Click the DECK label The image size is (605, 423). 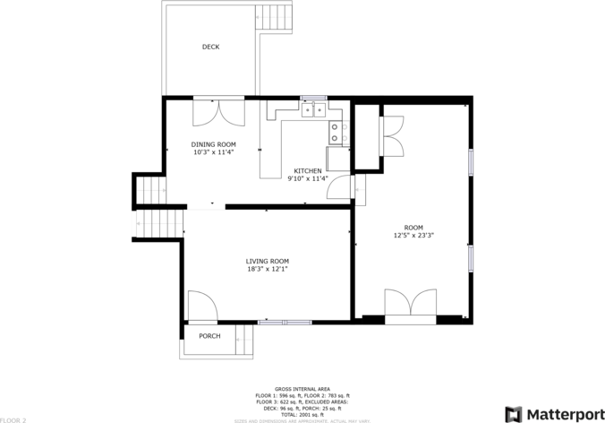[210, 47]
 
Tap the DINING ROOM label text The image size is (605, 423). [213, 144]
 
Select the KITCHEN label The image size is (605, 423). [308, 170]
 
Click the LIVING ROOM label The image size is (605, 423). [268, 261]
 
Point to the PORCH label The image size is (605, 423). [209, 336]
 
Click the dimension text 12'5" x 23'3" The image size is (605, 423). [413, 236]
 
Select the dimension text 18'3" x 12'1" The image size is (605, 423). [268, 269]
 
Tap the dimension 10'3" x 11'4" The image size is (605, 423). [213, 152]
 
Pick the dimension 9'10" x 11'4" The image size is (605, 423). [308, 178]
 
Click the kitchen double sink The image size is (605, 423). [313, 110]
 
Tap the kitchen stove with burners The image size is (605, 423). [337, 133]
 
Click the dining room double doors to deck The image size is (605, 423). [219, 111]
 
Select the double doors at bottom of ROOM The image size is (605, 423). [410, 303]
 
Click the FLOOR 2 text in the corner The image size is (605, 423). [13, 419]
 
